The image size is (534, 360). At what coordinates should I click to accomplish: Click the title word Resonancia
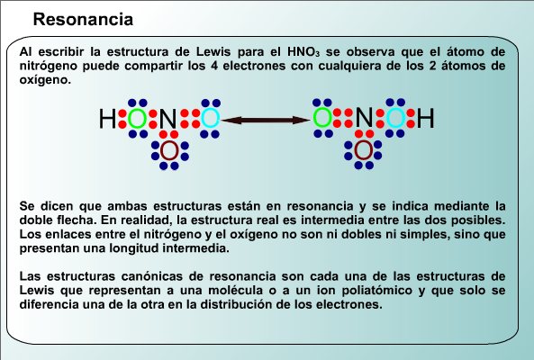click(x=83, y=19)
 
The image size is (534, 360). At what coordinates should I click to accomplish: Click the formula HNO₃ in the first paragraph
click(x=303, y=52)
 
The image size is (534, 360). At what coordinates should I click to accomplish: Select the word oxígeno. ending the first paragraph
click(x=45, y=80)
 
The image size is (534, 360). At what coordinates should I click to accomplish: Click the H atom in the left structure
click(x=108, y=119)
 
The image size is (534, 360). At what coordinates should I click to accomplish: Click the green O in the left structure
click(x=137, y=119)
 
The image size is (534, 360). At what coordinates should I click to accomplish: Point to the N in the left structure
click(x=167, y=119)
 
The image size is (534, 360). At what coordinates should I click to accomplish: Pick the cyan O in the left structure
click(x=211, y=119)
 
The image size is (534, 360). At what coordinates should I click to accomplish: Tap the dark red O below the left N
click(x=169, y=151)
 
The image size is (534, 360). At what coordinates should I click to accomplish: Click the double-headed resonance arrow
click(x=266, y=120)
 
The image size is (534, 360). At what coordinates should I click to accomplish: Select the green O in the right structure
click(x=322, y=118)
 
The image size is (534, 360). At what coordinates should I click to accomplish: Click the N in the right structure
click(x=364, y=118)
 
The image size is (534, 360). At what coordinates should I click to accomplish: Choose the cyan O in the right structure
click(x=395, y=118)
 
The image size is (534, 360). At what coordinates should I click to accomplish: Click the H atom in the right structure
click(x=426, y=118)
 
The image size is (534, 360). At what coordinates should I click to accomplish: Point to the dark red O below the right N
click(x=364, y=150)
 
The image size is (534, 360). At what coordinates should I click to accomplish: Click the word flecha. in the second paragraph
click(x=77, y=220)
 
